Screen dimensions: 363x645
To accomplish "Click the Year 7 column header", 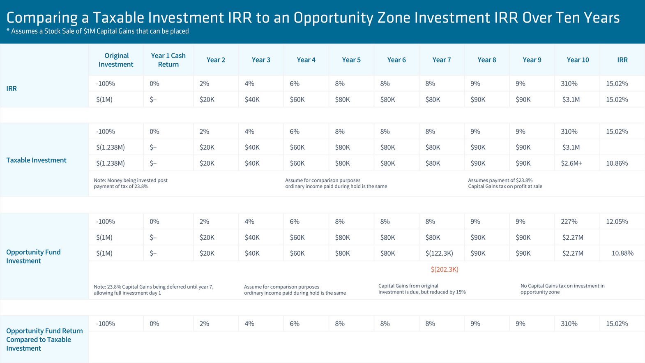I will (441, 60).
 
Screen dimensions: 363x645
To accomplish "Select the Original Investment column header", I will (116, 60).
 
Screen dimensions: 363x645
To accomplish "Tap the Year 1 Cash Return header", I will (168, 60).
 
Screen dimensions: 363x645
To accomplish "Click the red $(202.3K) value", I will (444, 270).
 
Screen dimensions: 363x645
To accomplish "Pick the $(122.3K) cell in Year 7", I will (439, 253).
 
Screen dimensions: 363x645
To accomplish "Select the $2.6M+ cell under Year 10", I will (571, 163).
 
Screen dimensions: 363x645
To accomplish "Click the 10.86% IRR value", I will (617, 163).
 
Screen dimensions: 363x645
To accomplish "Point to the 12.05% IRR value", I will (617, 222).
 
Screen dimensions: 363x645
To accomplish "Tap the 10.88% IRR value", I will (622, 253).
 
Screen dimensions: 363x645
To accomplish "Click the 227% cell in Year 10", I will (569, 222).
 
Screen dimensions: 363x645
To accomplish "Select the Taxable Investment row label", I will (36, 160).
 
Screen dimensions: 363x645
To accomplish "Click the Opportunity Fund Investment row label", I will (33, 257).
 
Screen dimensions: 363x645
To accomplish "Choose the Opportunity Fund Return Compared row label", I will (44, 340).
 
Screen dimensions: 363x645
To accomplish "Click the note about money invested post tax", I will (130, 183).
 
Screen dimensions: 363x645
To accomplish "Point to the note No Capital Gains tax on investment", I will (562, 289).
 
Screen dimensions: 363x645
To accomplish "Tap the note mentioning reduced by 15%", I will (422, 289).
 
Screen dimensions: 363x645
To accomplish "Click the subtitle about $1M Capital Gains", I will (98, 31).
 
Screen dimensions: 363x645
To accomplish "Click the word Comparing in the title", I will (42, 18).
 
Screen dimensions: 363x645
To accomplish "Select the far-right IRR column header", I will (622, 60).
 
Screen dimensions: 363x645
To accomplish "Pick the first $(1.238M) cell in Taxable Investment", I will (110, 147).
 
